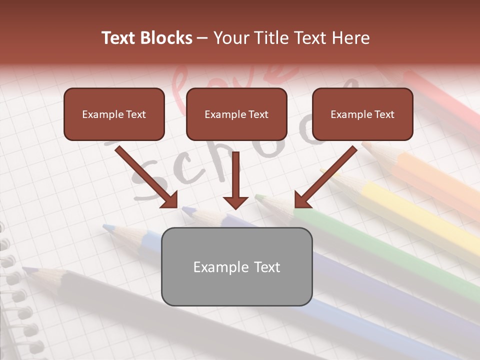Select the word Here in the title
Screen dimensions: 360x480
350,38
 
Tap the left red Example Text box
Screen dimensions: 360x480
114,114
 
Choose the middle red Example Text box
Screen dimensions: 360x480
236,114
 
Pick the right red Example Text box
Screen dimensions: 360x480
362,114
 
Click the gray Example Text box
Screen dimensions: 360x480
236,266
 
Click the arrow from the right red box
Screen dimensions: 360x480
325,177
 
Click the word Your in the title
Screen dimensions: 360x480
230,38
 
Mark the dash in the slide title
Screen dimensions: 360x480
202,38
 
